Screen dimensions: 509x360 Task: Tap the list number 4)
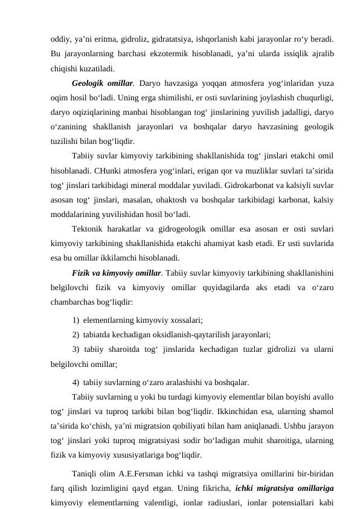(76, 382)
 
